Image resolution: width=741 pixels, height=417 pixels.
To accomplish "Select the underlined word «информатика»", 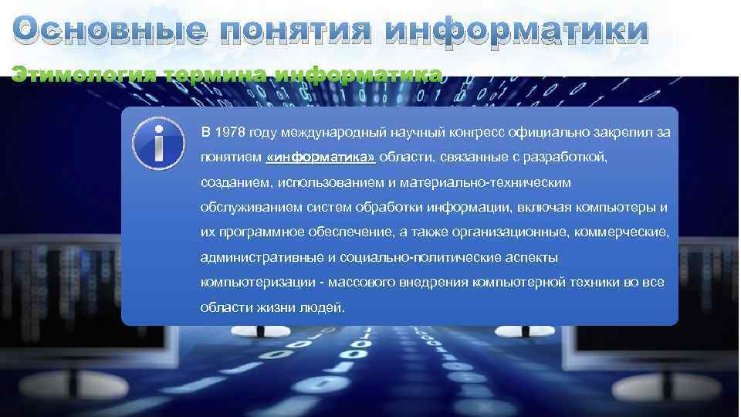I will [320, 158].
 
